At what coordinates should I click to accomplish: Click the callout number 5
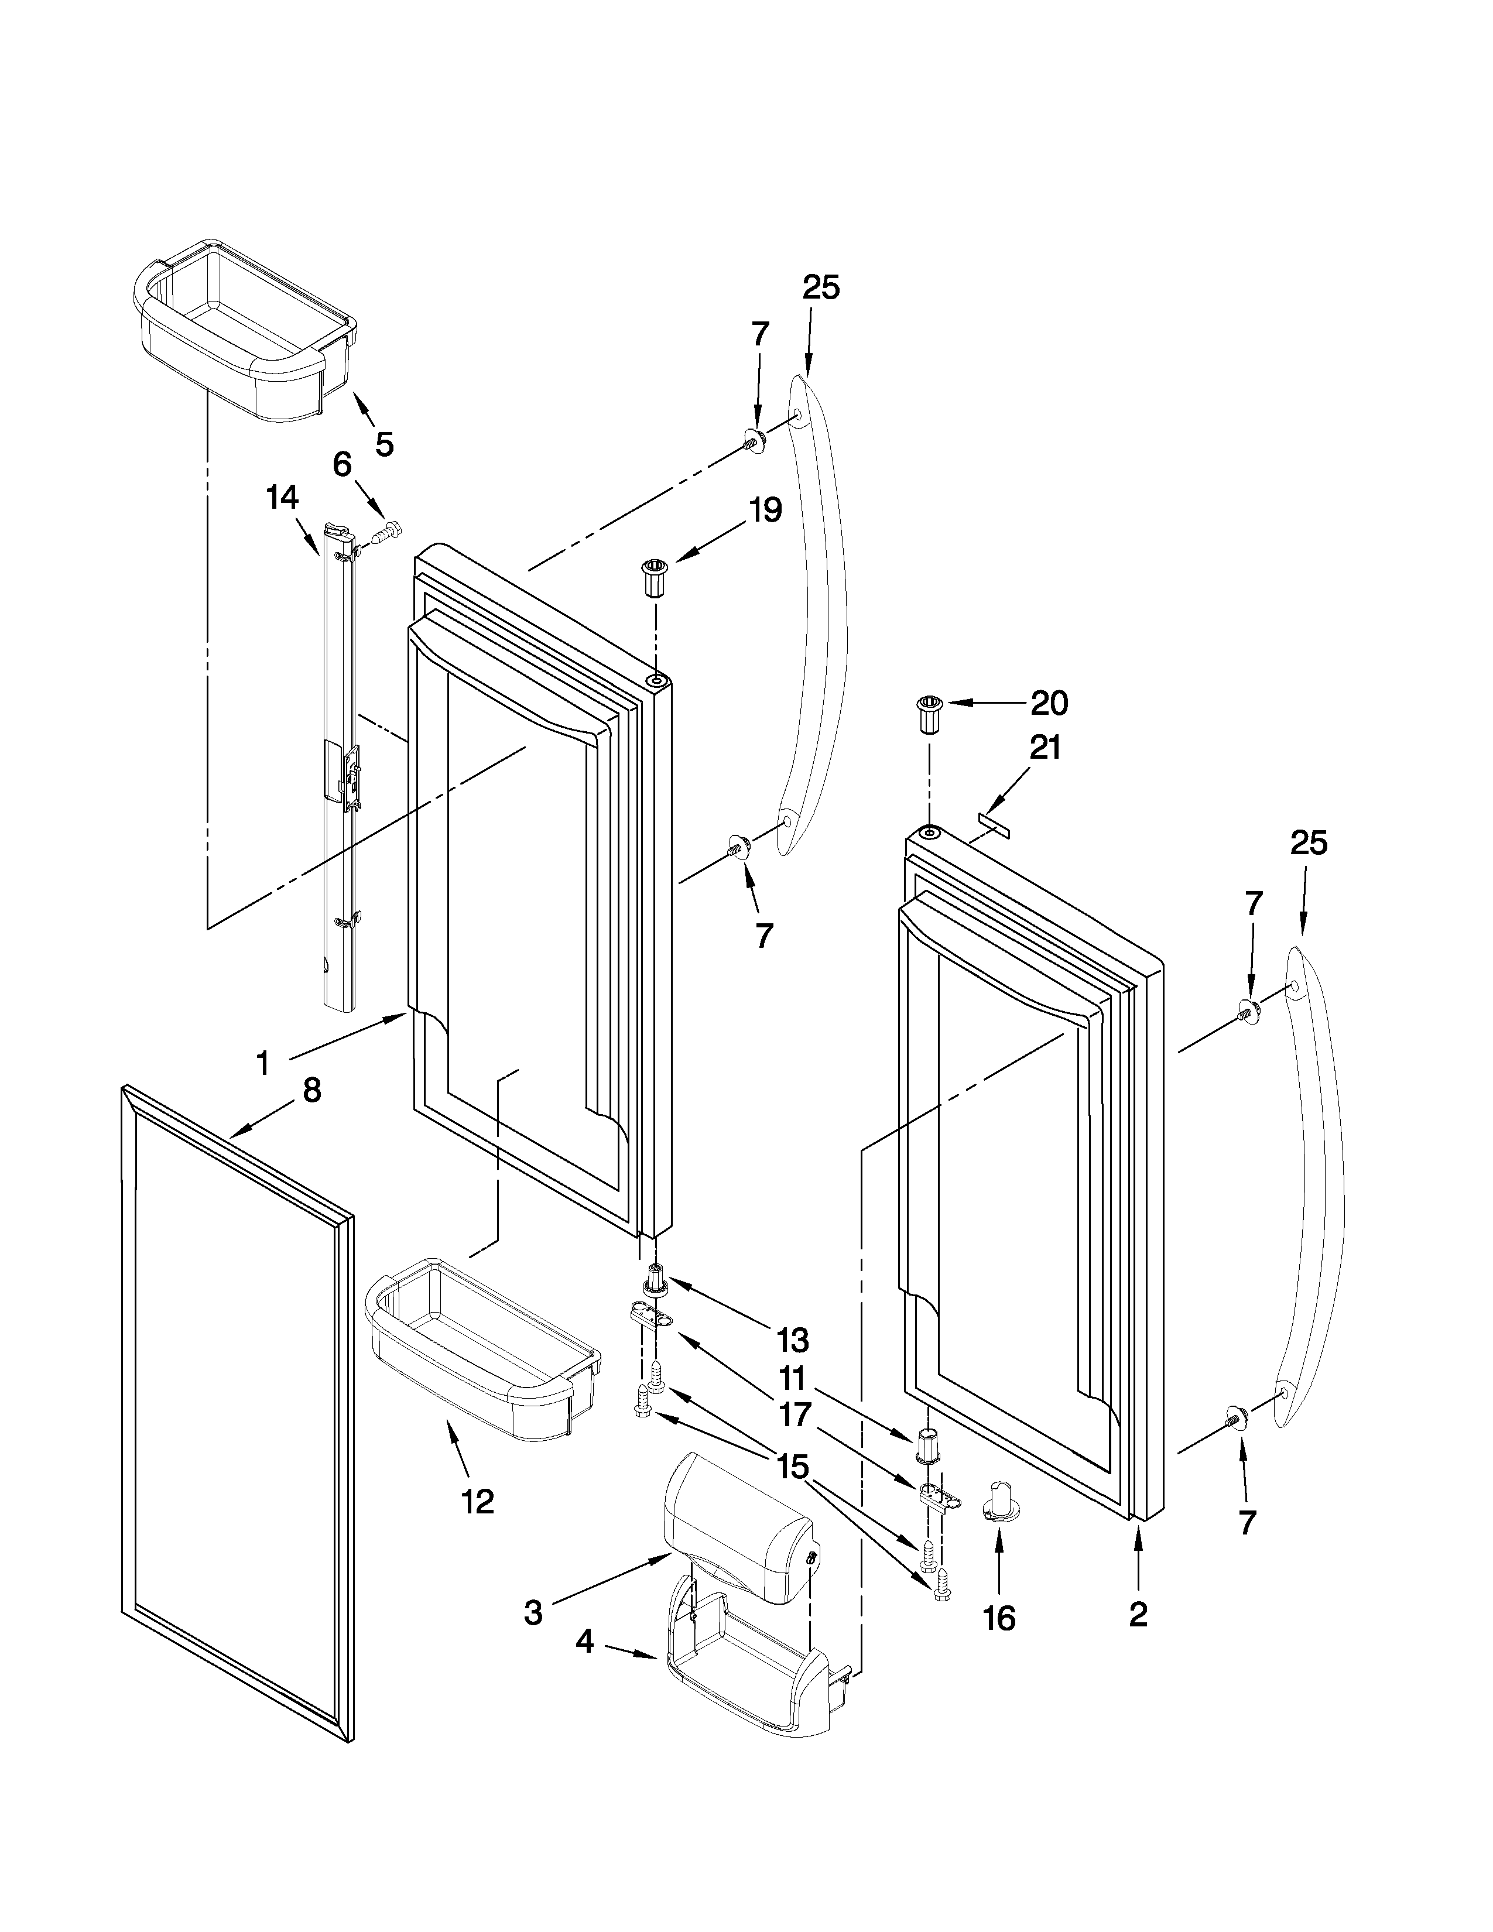pyautogui.click(x=384, y=443)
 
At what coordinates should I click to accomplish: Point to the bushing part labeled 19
pyautogui.click(x=655, y=578)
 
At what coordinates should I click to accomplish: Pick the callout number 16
pyautogui.click(x=999, y=1619)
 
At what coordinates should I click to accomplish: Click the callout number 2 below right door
pyautogui.click(x=1138, y=1615)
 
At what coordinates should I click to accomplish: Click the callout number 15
pyautogui.click(x=793, y=1467)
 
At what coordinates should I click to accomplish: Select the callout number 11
pyautogui.click(x=793, y=1378)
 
